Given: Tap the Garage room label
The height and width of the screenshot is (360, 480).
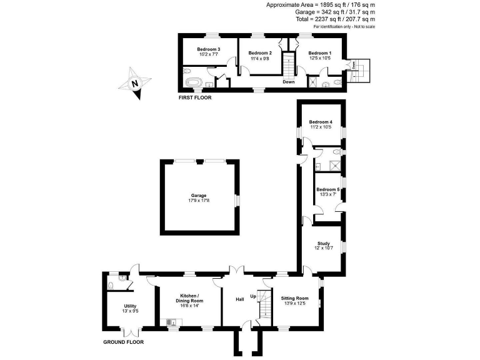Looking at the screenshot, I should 198,196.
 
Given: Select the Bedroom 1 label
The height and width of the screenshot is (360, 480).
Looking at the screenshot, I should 319,53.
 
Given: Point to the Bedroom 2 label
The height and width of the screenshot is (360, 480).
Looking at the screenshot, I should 259,53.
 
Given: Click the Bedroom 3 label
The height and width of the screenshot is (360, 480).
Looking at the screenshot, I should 208,49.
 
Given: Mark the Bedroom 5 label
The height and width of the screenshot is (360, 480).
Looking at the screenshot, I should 327,189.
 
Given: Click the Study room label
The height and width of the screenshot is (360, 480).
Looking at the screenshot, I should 323,244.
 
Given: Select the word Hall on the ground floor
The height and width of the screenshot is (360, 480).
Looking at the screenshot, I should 239,300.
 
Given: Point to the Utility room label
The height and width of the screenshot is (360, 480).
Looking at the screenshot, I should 130,306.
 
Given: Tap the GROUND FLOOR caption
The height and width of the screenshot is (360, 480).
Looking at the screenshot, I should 123,342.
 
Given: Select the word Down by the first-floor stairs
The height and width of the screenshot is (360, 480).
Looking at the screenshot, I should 288,82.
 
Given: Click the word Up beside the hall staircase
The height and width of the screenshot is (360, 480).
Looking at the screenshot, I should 253,296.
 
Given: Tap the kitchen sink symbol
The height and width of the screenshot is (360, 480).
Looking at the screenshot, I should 171,322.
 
